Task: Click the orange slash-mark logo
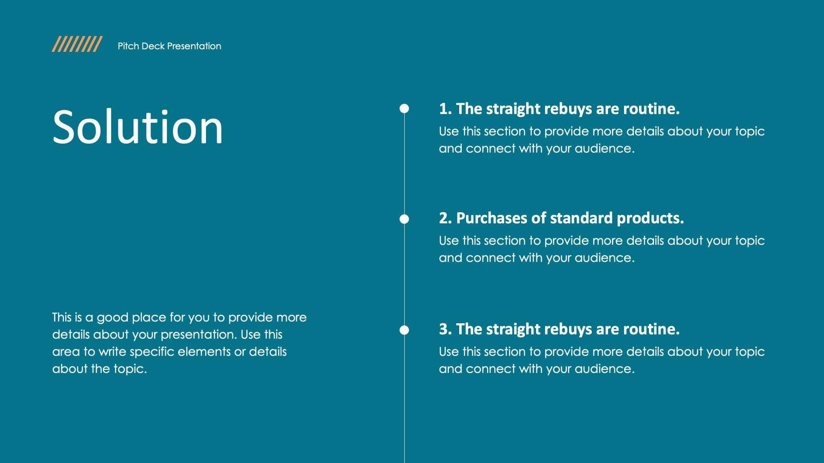tap(77, 44)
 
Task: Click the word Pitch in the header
tap(128, 46)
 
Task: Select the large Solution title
tap(137, 127)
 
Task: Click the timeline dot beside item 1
tap(404, 108)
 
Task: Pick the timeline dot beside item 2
tap(404, 219)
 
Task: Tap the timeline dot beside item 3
tap(404, 330)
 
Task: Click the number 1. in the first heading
tap(445, 109)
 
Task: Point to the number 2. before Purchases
tap(445, 218)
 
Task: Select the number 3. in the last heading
tap(445, 329)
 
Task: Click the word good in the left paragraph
tap(112, 318)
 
